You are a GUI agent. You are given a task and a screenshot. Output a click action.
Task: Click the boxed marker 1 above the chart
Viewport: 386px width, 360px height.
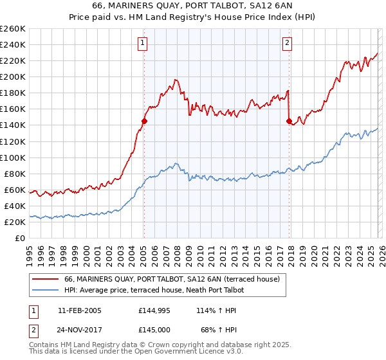(142, 44)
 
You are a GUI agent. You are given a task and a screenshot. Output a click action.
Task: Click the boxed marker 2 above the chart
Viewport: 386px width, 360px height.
(287, 44)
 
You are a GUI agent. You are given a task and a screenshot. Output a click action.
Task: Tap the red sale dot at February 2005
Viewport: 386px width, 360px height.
(144, 121)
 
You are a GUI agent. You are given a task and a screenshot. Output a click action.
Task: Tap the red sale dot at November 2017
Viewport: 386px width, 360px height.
(289, 121)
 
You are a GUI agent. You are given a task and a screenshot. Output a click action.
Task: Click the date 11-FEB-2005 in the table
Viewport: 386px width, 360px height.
(79, 310)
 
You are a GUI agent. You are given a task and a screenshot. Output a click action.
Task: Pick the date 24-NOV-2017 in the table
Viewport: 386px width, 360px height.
(80, 330)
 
